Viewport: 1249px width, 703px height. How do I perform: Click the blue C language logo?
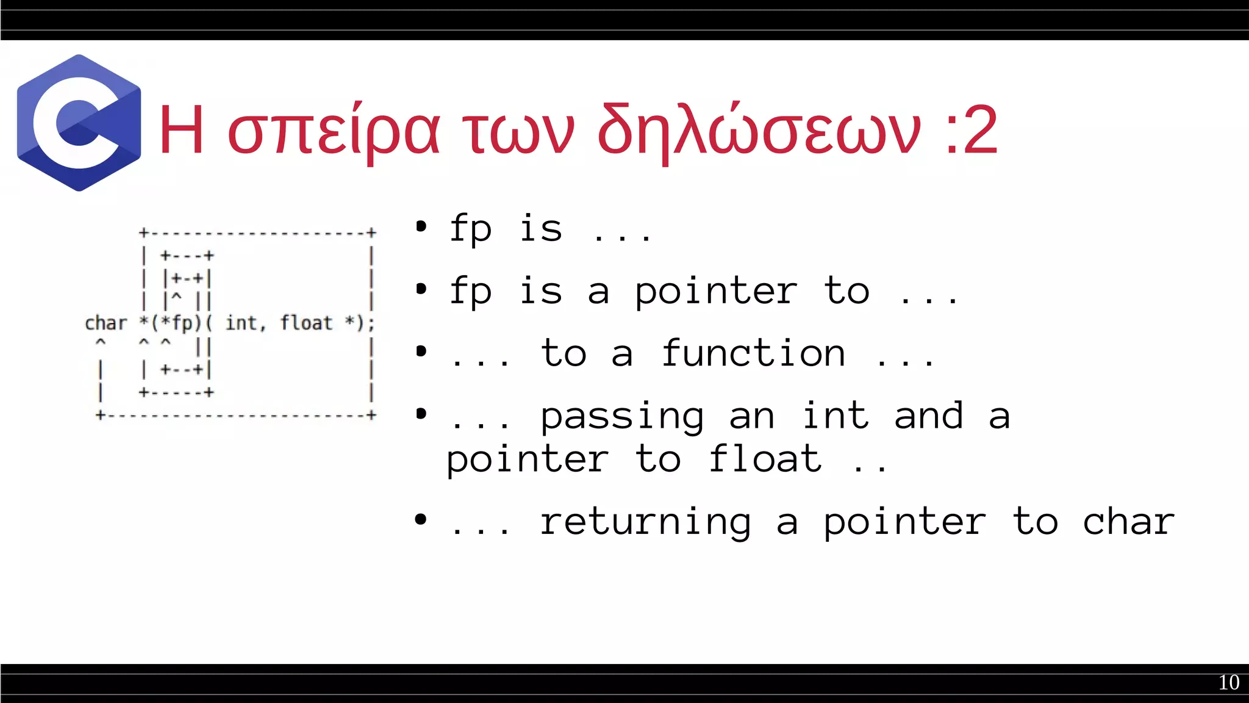(x=79, y=123)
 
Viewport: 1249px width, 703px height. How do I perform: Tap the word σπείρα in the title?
(x=333, y=130)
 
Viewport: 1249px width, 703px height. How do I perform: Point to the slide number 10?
(x=1228, y=682)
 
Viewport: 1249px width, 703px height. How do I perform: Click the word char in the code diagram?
(x=106, y=323)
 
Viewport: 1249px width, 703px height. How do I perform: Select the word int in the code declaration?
(x=242, y=323)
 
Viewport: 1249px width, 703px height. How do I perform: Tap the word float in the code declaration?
(x=306, y=323)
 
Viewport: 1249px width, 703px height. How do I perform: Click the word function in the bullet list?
(x=754, y=353)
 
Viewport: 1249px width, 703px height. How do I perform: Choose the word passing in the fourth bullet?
(x=623, y=417)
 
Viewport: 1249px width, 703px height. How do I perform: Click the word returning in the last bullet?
(x=646, y=522)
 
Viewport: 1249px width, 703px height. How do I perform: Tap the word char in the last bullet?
(x=1128, y=522)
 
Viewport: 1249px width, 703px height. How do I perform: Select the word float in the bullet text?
(x=765, y=459)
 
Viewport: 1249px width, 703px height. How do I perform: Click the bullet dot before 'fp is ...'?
(x=421, y=227)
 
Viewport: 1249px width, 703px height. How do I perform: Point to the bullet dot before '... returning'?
(x=421, y=520)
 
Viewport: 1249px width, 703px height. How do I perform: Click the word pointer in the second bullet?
(x=716, y=292)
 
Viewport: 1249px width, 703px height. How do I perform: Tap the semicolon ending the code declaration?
(x=371, y=323)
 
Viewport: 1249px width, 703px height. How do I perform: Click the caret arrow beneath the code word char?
(x=101, y=342)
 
